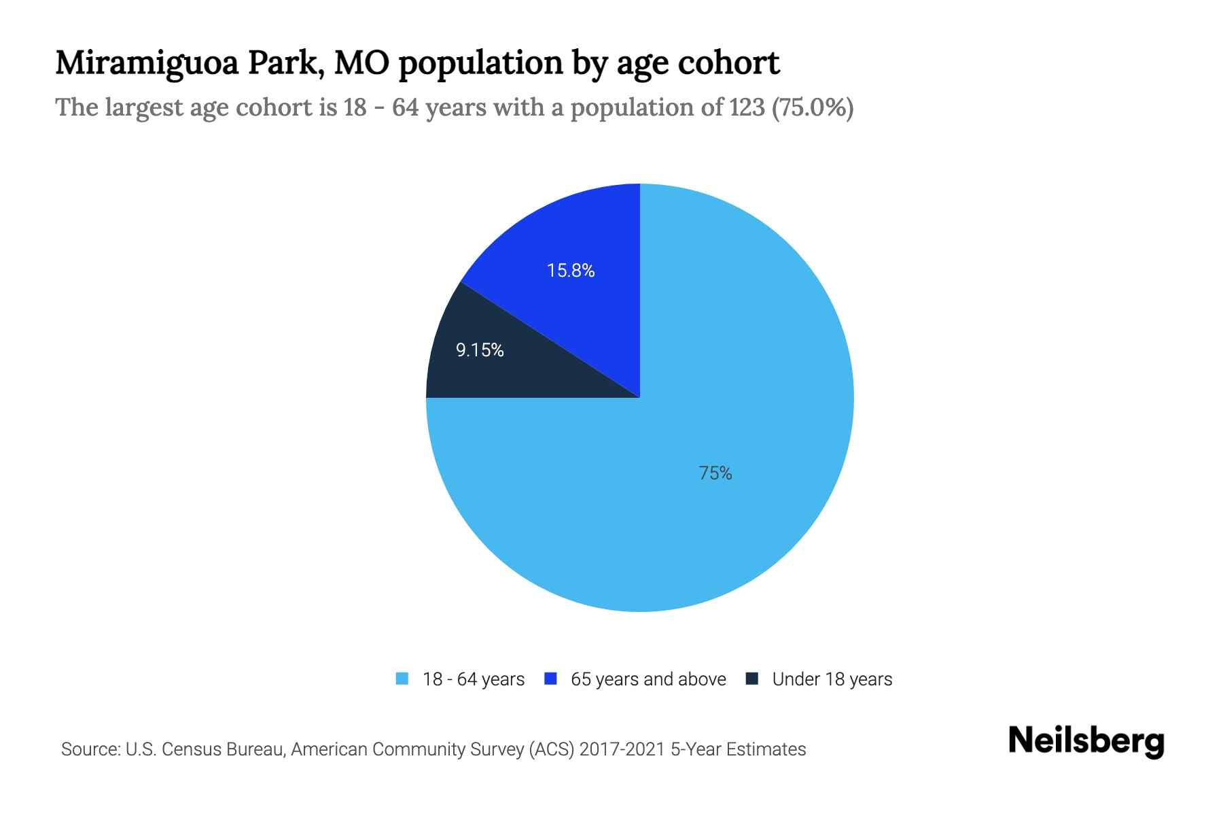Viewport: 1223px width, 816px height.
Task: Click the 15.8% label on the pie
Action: (x=571, y=271)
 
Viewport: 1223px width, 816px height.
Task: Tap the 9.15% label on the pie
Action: (x=480, y=350)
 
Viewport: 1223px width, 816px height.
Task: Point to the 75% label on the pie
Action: (x=715, y=473)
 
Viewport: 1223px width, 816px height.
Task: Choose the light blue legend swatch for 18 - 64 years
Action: (x=402, y=679)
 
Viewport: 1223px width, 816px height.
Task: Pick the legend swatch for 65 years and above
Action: (x=551, y=679)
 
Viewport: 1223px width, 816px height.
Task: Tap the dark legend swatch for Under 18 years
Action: (x=752, y=679)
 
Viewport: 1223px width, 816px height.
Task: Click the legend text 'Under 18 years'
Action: (x=832, y=679)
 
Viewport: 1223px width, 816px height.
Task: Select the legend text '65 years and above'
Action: (x=648, y=679)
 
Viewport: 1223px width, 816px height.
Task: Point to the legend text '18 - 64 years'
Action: (x=474, y=679)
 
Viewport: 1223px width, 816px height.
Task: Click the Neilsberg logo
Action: (x=1086, y=741)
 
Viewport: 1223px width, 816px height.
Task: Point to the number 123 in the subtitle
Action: (x=747, y=107)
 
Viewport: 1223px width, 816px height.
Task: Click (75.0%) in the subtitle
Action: (x=813, y=107)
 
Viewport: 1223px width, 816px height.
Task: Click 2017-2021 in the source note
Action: (x=622, y=749)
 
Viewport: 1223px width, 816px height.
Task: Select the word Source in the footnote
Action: (x=89, y=749)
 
